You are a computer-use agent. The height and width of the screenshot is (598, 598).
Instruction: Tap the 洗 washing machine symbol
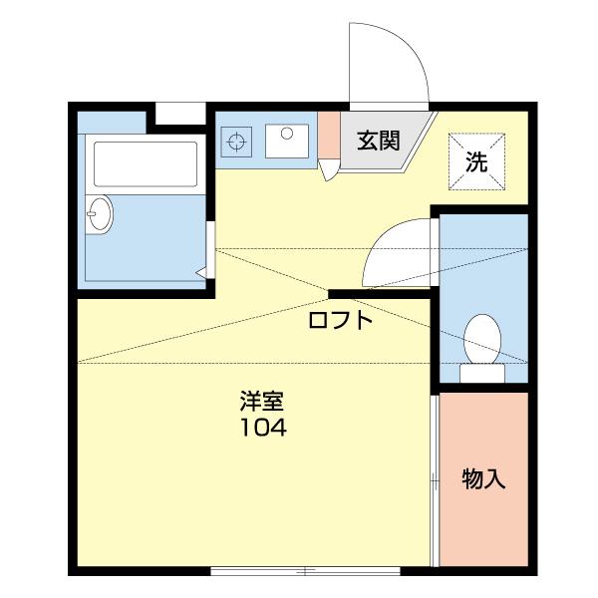click(x=476, y=161)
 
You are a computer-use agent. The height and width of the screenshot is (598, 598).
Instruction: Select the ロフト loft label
click(x=340, y=321)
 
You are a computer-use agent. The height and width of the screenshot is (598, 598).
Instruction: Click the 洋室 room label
click(x=262, y=403)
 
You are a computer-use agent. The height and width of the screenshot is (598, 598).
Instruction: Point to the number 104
click(x=262, y=430)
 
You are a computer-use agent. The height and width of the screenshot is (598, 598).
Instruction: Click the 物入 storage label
click(x=484, y=479)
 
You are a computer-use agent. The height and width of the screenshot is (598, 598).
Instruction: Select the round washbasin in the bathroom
click(x=99, y=213)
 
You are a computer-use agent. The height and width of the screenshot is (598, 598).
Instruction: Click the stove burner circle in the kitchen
click(x=237, y=142)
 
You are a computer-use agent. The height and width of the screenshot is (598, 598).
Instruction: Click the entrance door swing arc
click(x=389, y=60)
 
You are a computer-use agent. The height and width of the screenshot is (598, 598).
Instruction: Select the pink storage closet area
click(x=484, y=479)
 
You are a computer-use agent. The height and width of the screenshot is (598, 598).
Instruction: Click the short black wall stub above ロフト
click(x=380, y=293)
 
